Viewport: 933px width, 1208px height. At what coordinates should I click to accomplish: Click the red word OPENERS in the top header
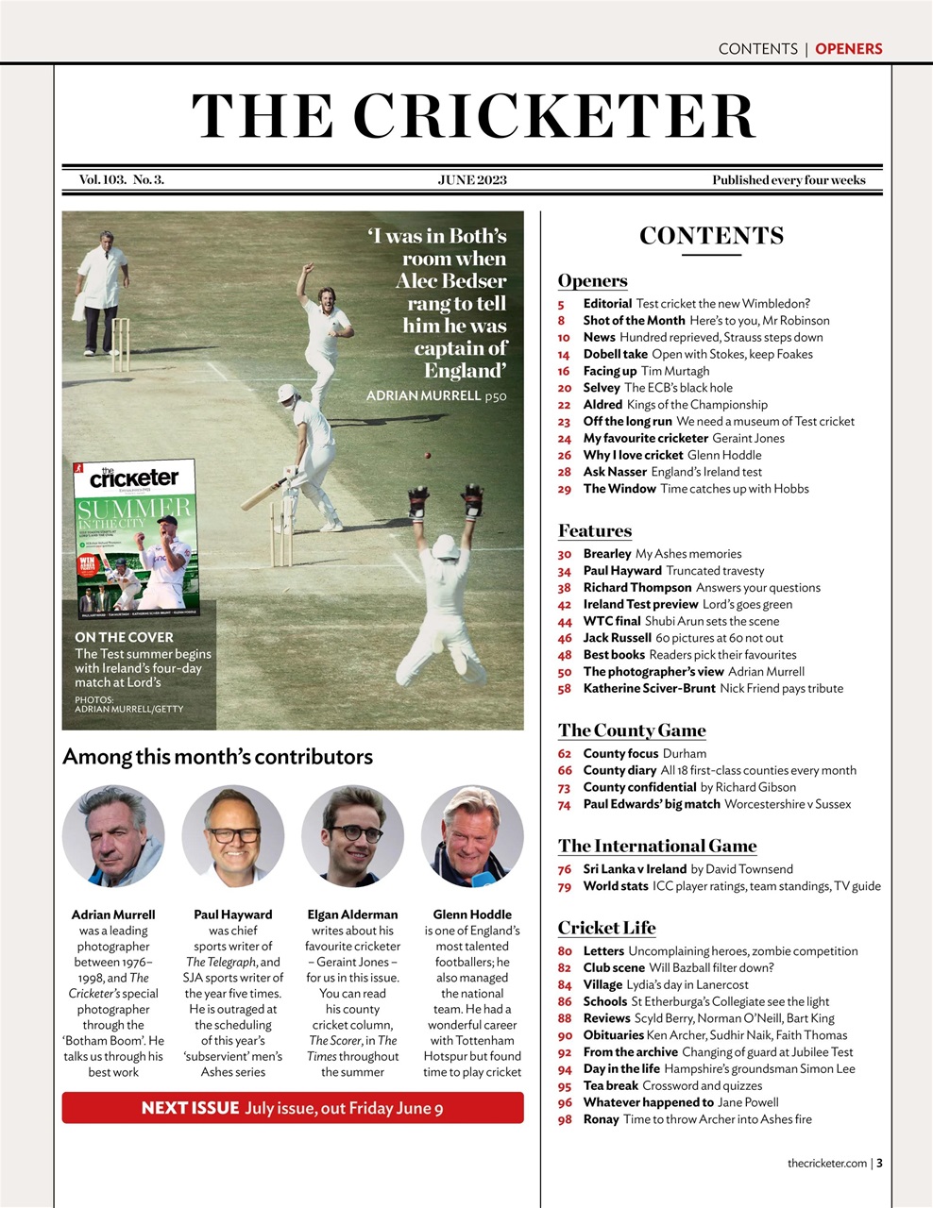point(848,49)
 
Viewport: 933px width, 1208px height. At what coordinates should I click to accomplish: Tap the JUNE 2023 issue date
point(472,179)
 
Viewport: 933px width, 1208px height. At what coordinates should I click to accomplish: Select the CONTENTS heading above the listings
point(711,236)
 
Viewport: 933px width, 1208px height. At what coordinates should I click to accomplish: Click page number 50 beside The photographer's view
point(565,672)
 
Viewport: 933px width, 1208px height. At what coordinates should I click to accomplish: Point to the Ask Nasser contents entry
point(615,472)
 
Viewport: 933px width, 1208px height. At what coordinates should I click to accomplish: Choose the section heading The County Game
point(632,730)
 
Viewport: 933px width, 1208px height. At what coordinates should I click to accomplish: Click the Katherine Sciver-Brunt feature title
point(649,689)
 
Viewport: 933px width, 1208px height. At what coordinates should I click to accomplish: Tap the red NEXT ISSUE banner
point(293,1108)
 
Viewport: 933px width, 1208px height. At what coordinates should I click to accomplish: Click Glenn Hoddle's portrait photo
point(472,837)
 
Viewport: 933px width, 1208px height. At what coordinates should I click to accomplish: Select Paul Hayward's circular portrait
point(232,837)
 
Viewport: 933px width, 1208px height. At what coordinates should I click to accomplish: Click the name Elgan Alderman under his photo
point(352,914)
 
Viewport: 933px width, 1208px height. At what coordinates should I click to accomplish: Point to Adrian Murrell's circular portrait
point(113,837)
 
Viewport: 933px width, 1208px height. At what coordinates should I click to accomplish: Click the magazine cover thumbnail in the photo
point(136,539)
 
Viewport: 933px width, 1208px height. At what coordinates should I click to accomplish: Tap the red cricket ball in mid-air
point(429,456)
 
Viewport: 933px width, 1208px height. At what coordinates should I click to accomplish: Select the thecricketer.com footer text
point(826,1163)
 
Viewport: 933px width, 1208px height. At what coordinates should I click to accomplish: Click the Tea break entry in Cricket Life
point(610,1086)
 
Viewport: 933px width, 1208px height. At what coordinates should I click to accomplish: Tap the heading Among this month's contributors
point(217,757)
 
